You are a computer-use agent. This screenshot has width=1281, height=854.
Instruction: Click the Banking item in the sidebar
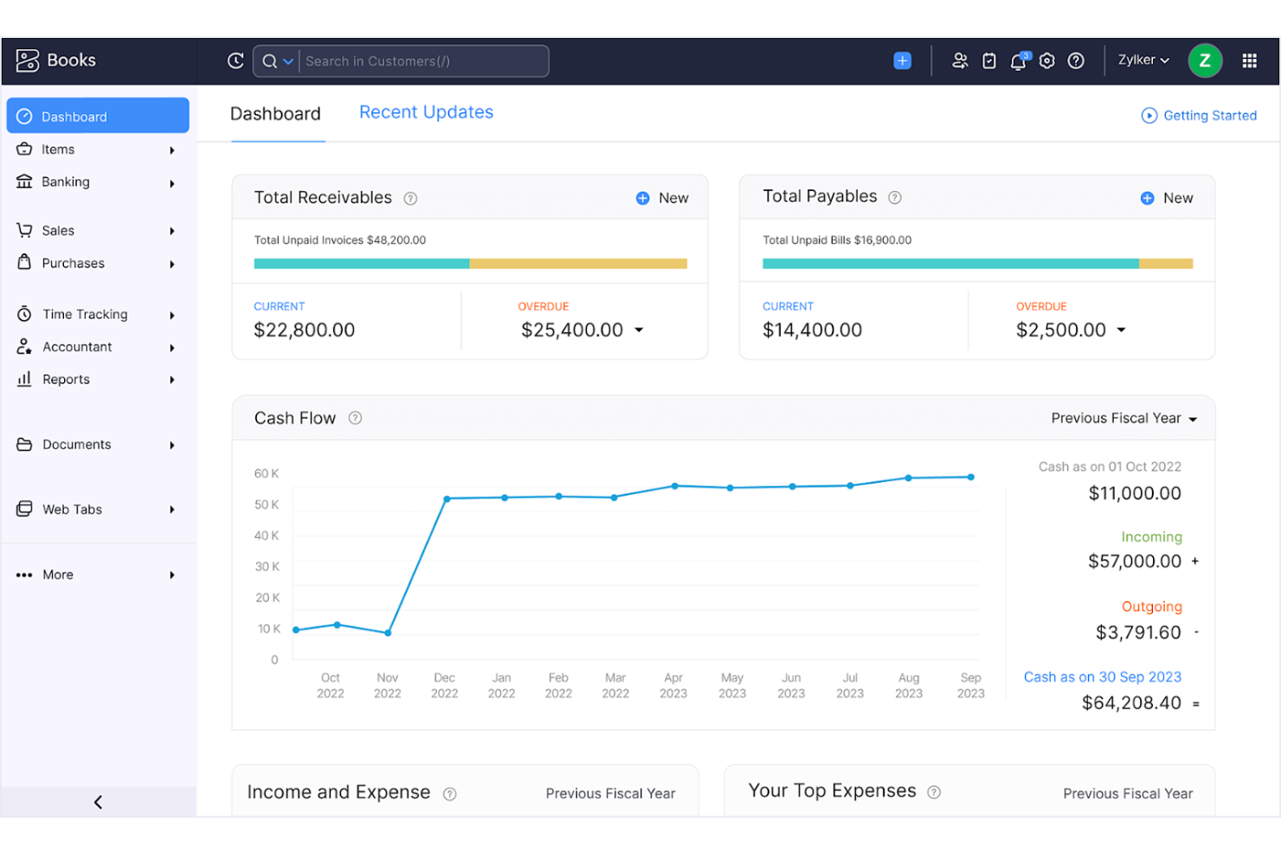click(x=65, y=182)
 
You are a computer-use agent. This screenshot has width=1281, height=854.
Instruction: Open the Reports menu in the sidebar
click(x=66, y=379)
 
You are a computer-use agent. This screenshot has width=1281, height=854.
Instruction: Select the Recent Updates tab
click(x=426, y=112)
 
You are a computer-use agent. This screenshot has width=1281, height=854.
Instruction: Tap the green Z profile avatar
click(x=1204, y=61)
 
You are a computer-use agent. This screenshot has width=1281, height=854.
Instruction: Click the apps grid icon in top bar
click(x=1249, y=61)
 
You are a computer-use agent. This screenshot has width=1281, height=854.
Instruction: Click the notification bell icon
click(x=1018, y=61)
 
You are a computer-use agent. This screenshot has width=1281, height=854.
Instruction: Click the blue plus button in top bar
click(x=902, y=61)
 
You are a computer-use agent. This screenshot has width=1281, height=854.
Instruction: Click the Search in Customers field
click(x=422, y=61)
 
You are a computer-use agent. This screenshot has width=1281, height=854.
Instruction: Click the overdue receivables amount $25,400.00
click(x=572, y=330)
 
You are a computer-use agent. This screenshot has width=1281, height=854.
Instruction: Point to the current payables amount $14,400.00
click(x=812, y=330)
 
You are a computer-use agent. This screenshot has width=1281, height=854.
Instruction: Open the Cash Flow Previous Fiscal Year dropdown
click(x=1123, y=418)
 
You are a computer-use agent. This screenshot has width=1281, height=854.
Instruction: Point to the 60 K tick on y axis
click(x=267, y=473)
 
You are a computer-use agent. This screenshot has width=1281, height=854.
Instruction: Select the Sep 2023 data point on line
click(x=970, y=477)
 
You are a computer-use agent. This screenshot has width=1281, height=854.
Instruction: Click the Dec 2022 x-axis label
click(x=444, y=685)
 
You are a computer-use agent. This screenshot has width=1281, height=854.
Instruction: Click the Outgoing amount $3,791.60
click(x=1137, y=632)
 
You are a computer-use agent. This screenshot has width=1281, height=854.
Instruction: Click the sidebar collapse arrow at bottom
click(x=98, y=802)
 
